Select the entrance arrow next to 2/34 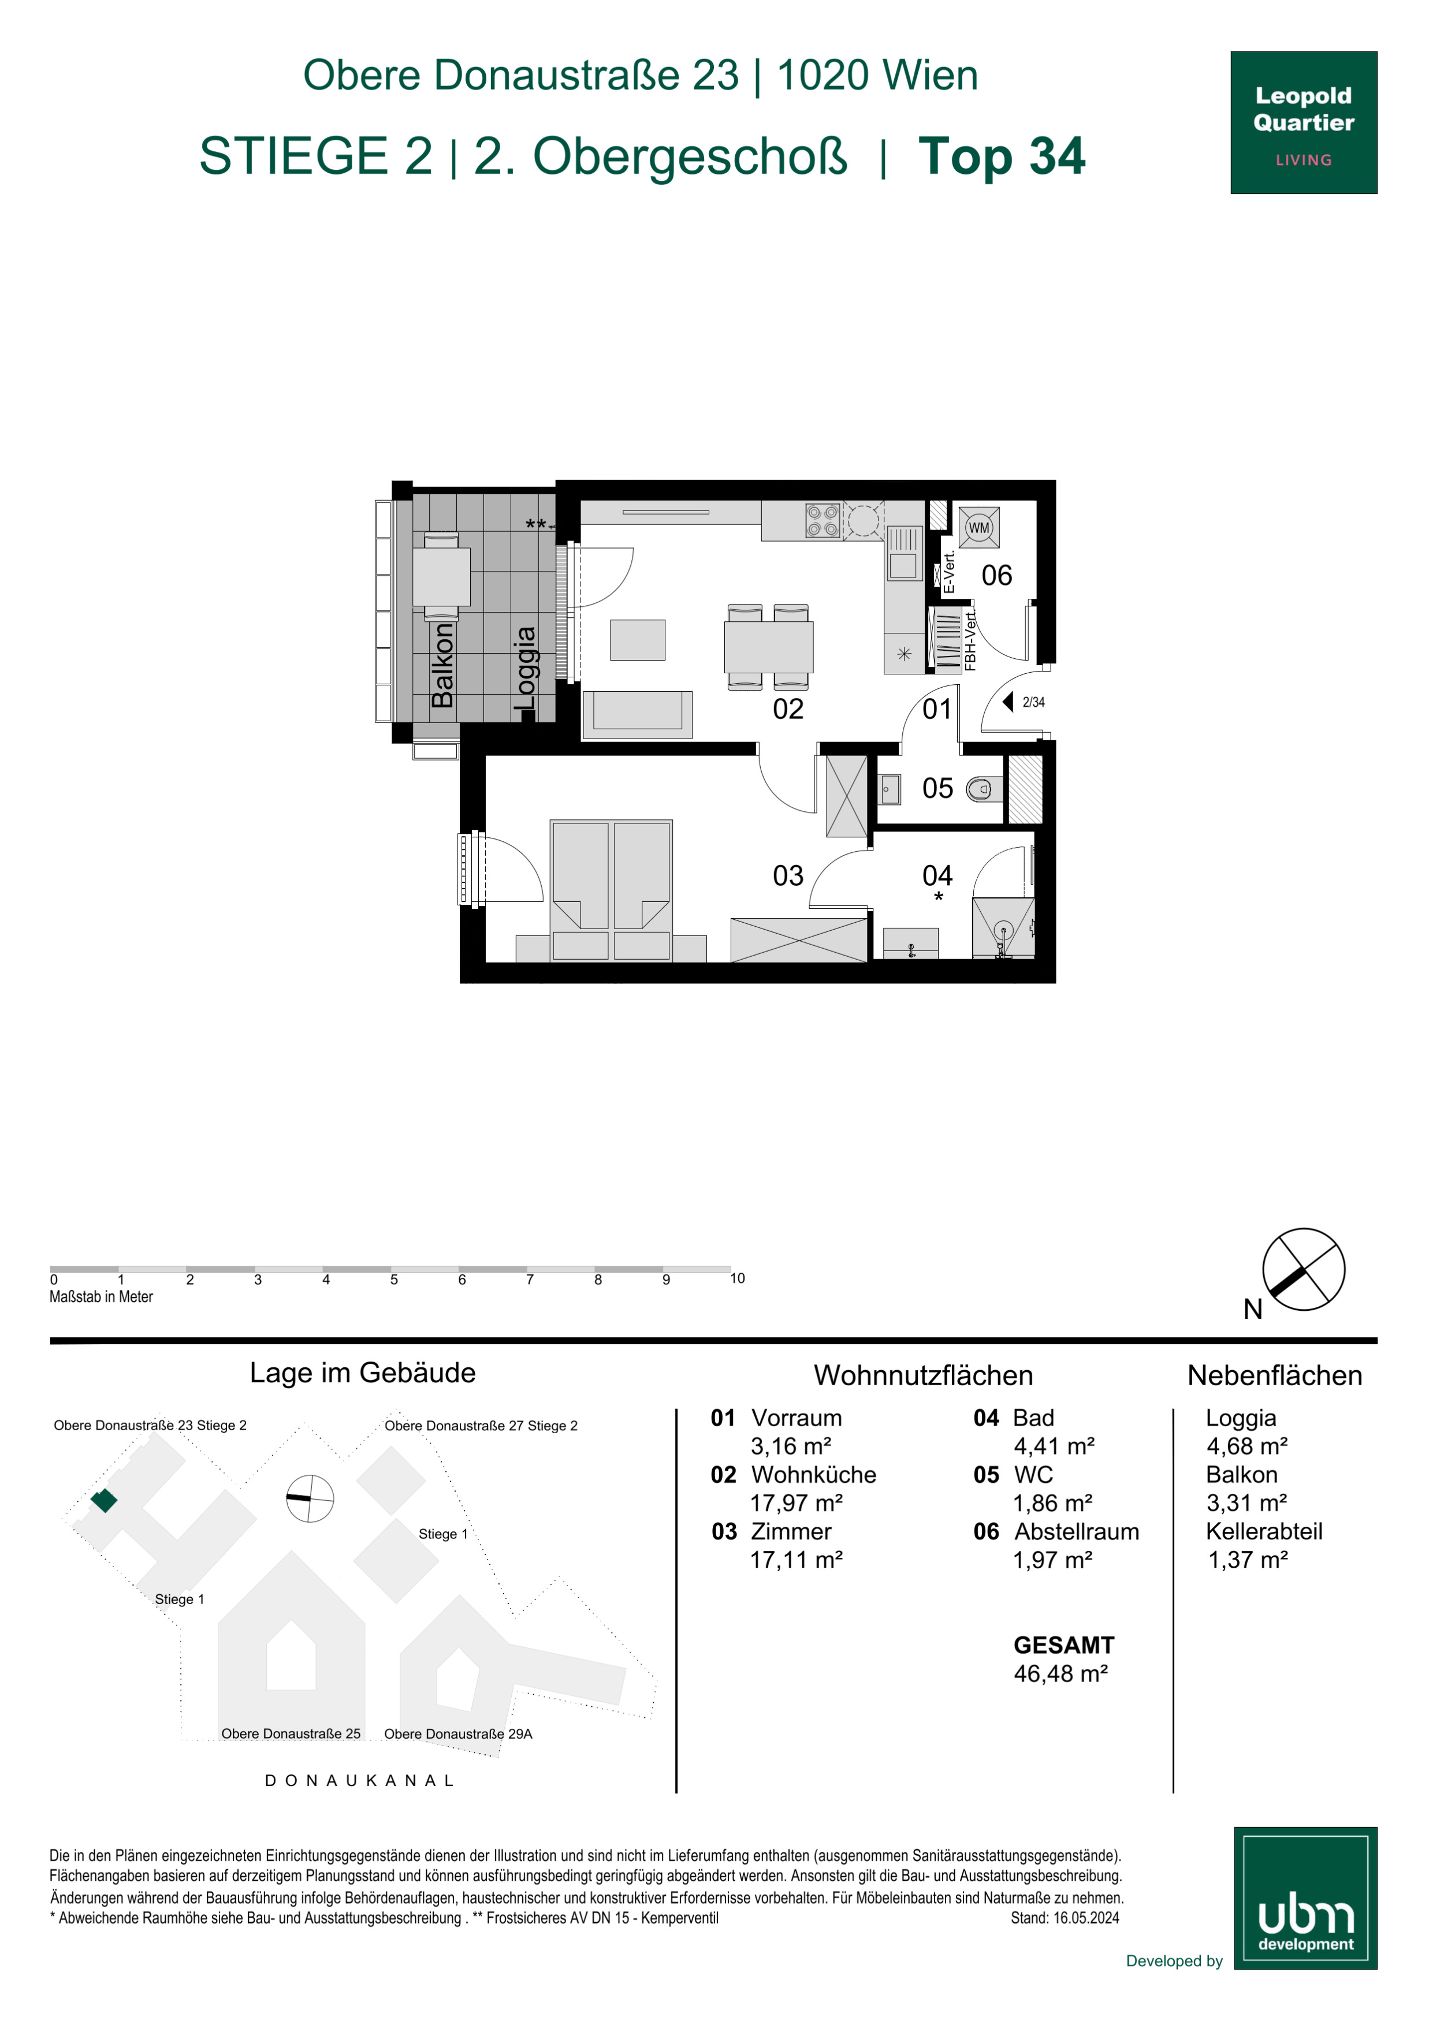point(1008,702)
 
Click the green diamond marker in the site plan point(104,1500)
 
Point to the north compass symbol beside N point(1303,1269)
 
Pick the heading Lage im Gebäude point(363,1373)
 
